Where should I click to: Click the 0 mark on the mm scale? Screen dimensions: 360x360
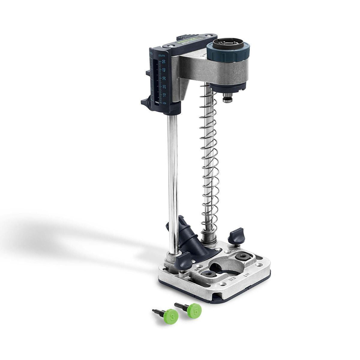(164, 103)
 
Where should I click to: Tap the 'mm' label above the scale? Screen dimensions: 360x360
(162, 55)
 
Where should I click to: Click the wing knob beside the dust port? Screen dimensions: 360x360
(183, 260)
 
